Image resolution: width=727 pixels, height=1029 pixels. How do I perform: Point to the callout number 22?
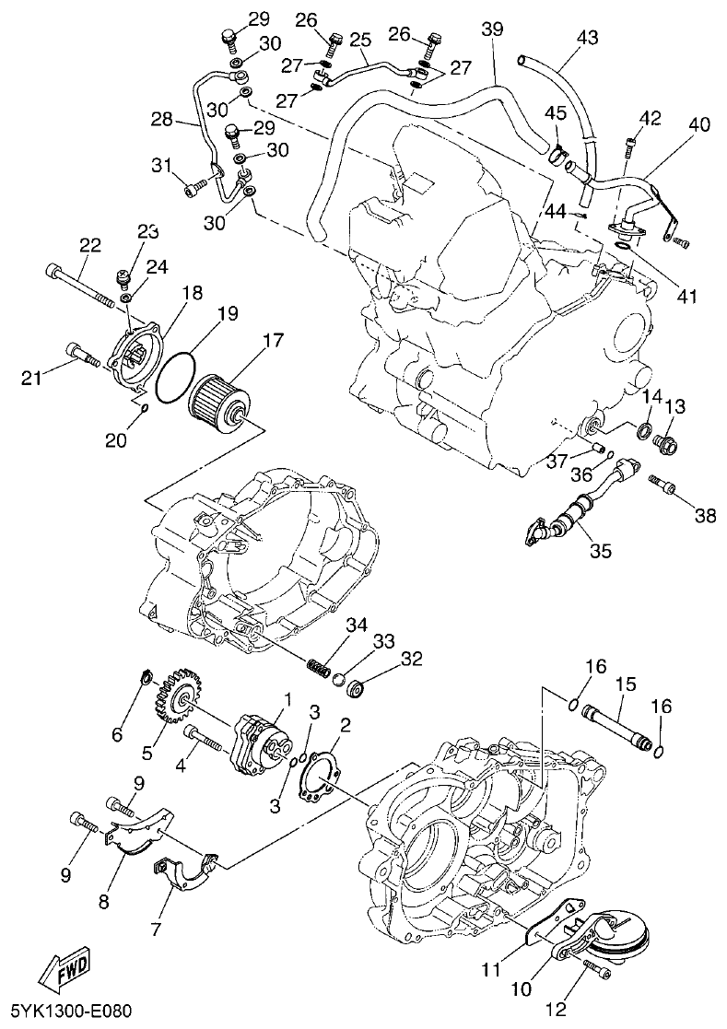pyautogui.click(x=89, y=245)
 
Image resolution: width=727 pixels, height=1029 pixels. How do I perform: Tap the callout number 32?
pyautogui.click(x=411, y=659)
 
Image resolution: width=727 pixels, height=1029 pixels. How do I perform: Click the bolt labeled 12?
pyautogui.click(x=597, y=966)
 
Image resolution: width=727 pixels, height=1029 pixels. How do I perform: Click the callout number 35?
pyautogui.click(x=600, y=552)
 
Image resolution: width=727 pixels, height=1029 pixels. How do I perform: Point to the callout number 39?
pyautogui.click(x=493, y=29)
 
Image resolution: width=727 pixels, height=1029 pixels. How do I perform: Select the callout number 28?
pyautogui.click(x=162, y=120)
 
